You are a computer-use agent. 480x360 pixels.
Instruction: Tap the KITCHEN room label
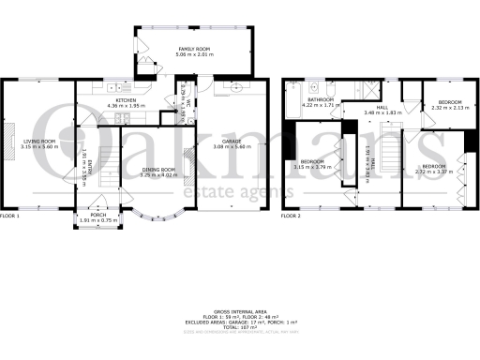[x=127, y=99]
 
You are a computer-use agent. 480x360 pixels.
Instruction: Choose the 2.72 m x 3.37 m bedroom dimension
[x=434, y=172]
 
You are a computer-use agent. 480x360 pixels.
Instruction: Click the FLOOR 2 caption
[x=292, y=217]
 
